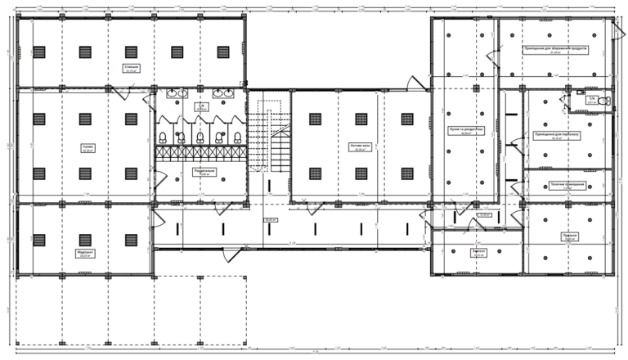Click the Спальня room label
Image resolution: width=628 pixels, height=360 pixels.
pyautogui.click(x=130, y=67)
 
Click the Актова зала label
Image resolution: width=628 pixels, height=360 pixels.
pyautogui.click(x=361, y=148)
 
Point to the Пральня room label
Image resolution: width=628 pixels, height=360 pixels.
pyautogui.click(x=569, y=235)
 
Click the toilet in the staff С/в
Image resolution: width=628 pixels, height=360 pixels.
pyautogui.click(x=603, y=100)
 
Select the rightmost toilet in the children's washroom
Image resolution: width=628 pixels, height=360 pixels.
pyautogui.click(x=235, y=137)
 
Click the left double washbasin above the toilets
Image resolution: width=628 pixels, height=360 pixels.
pyautogui.click(x=176, y=94)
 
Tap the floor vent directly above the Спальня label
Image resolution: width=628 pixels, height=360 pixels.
pyautogui.click(x=130, y=52)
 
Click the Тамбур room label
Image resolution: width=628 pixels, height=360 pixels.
pyautogui.click(x=479, y=251)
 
